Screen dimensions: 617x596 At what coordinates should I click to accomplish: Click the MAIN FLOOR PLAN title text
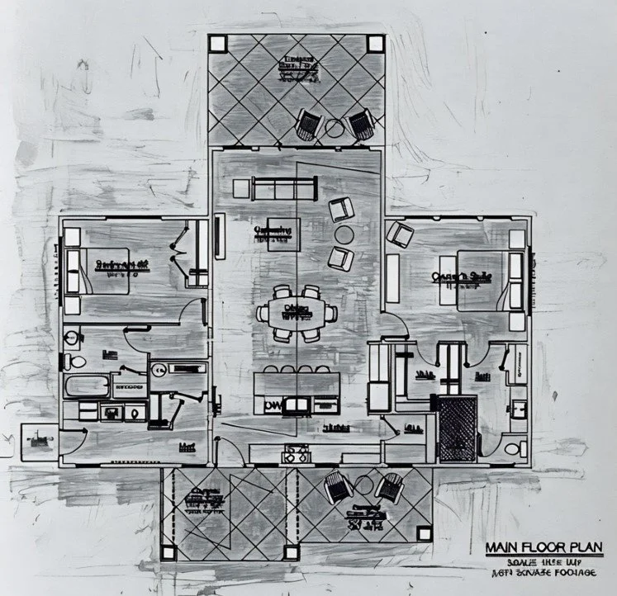[544, 547]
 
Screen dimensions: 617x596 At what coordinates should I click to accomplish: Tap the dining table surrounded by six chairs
[297, 312]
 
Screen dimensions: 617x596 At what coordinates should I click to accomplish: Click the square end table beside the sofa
[240, 189]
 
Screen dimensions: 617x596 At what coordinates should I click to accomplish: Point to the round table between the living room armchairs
[343, 234]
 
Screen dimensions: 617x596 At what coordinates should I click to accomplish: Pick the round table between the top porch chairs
[334, 127]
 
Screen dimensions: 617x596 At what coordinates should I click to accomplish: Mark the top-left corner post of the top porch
[217, 44]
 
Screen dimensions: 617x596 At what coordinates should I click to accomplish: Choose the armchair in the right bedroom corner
[401, 235]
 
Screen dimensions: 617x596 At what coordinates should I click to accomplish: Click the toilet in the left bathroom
[75, 360]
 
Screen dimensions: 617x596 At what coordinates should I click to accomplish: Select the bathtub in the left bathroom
[88, 386]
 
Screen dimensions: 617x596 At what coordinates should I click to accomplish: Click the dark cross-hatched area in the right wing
[458, 428]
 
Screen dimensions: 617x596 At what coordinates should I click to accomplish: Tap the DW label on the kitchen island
[272, 406]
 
